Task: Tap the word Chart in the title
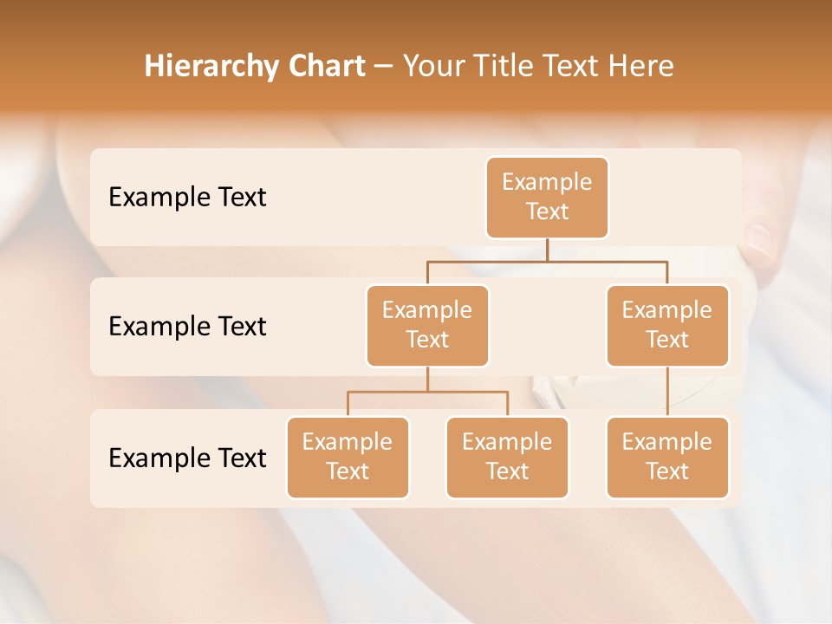tap(326, 67)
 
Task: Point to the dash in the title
tap(384, 67)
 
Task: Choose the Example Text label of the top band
tap(187, 198)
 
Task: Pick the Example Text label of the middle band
tap(187, 327)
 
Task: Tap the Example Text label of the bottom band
tap(187, 458)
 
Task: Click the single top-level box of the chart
tap(547, 198)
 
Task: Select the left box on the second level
tap(427, 326)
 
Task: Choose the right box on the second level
tap(667, 326)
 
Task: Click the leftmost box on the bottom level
tap(348, 458)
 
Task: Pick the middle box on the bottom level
tap(507, 458)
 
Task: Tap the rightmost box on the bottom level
tap(667, 458)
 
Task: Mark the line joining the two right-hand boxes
tap(667, 392)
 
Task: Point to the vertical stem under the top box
tap(547, 250)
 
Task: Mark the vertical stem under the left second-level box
tap(427, 379)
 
